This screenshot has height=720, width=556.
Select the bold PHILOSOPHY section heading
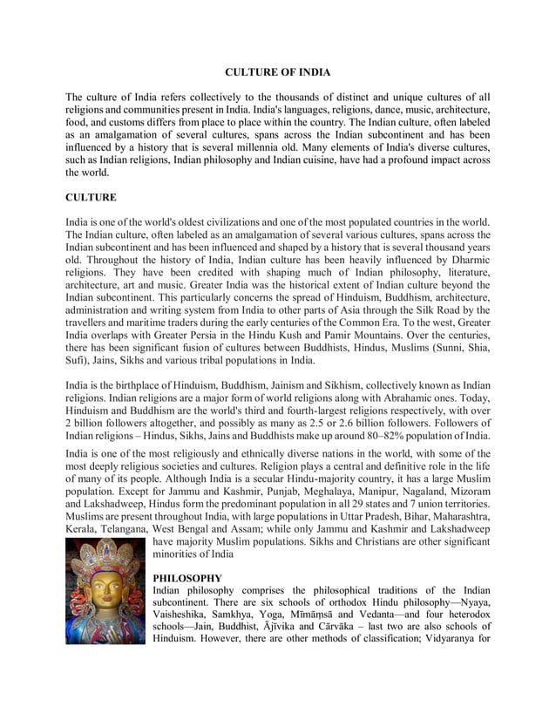click(x=187, y=578)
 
